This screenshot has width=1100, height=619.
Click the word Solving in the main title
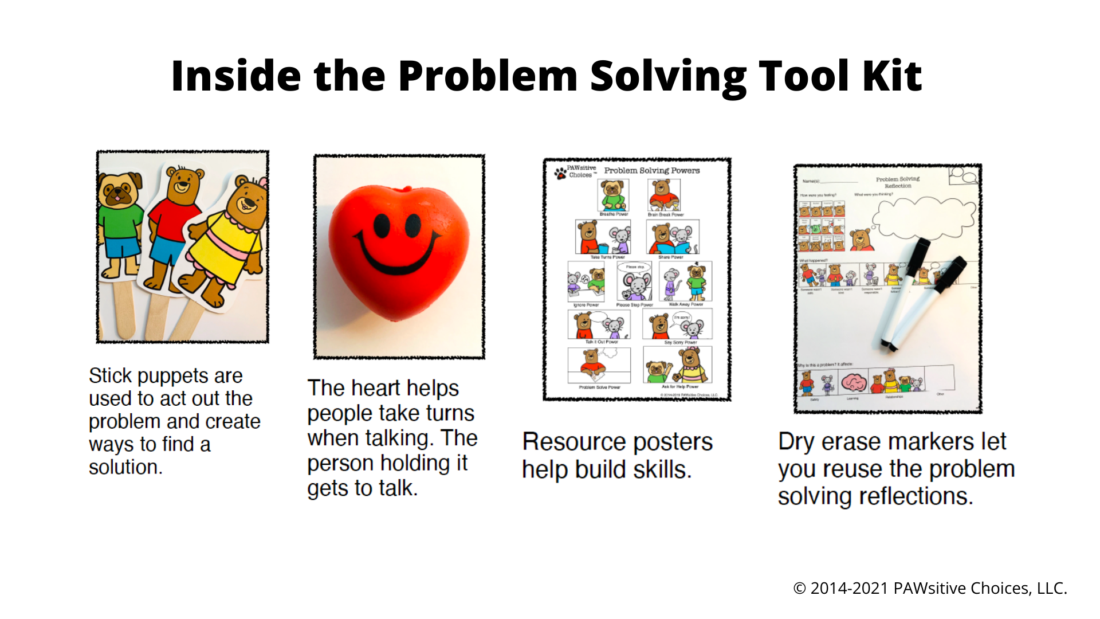click(x=668, y=76)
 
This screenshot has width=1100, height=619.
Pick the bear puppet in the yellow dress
click(x=229, y=241)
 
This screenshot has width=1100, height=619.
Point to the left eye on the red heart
click(x=382, y=226)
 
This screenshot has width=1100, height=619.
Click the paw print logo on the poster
click(x=560, y=173)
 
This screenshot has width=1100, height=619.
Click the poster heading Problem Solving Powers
click(x=651, y=171)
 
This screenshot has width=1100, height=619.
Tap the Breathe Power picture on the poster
click(x=613, y=195)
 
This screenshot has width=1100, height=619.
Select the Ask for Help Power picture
click(x=678, y=365)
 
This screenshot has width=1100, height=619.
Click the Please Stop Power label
click(x=634, y=305)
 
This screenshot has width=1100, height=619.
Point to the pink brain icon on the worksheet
click(x=854, y=382)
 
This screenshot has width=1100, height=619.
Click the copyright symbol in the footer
click(x=799, y=589)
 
